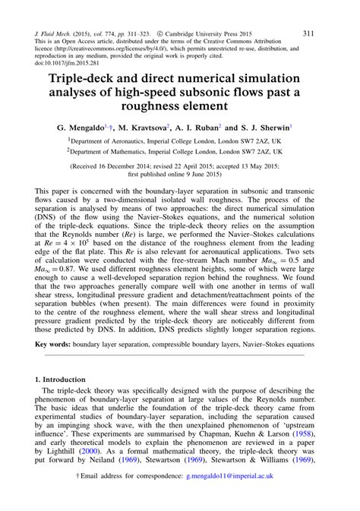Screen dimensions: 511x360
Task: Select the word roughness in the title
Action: point(146,106)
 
